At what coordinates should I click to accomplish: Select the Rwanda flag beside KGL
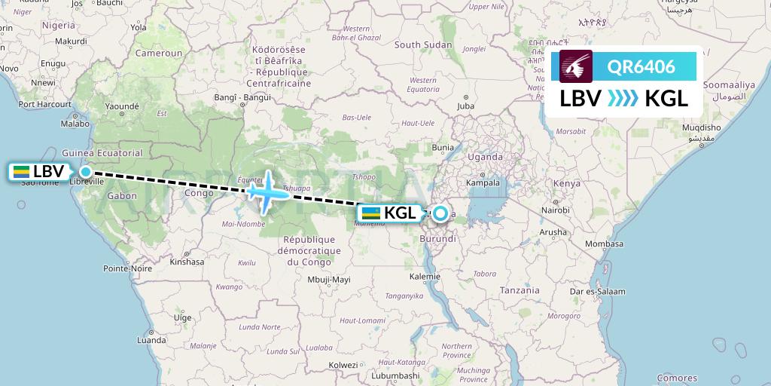click(x=370, y=213)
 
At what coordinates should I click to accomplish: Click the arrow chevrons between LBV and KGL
click(x=622, y=98)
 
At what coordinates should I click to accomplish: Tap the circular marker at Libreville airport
click(x=86, y=172)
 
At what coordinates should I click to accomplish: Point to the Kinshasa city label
click(x=187, y=262)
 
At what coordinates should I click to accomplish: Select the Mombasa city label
click(x=604, y=244)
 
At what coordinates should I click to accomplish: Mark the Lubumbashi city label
click(x=395, y=375)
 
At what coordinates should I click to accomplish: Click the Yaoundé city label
click(x=122, y=107)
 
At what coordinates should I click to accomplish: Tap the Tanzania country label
click(x=520, y=290)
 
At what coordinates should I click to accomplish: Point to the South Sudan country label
click(x=418, y=45)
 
